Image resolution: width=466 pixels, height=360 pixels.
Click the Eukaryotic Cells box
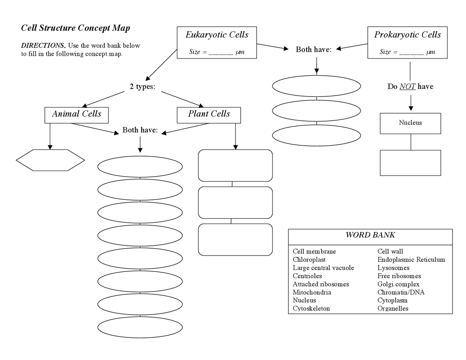[217, 42]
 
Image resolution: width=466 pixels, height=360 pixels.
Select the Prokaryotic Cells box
[407, 42]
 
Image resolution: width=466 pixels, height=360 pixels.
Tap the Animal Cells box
[76, 115]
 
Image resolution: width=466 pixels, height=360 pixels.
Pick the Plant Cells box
[209, 115]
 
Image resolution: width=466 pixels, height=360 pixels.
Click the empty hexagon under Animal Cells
[50, 160]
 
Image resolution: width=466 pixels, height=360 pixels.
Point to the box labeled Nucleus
[410, 123]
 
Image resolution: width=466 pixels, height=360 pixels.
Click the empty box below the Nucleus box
[410, 163]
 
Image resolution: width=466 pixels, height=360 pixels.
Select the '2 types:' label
[142, 87]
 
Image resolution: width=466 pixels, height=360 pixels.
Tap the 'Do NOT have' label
[410, 87]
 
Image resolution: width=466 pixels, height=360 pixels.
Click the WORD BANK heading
[370, 235]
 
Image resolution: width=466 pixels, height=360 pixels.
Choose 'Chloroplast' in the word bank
[309, 260]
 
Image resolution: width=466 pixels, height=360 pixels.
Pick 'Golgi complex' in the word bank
[398, 284]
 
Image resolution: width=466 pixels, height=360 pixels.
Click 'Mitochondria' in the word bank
[312, 292]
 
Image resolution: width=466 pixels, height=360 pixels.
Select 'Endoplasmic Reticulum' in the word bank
[411, 260]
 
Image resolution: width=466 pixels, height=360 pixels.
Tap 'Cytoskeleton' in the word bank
[311, 308]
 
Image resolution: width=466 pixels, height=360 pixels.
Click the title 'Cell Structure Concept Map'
[75, 28]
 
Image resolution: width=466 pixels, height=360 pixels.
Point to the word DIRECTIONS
[43, 46]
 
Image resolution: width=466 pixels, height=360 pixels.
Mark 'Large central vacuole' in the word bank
[323, 268]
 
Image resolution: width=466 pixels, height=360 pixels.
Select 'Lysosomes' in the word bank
[393, 268]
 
